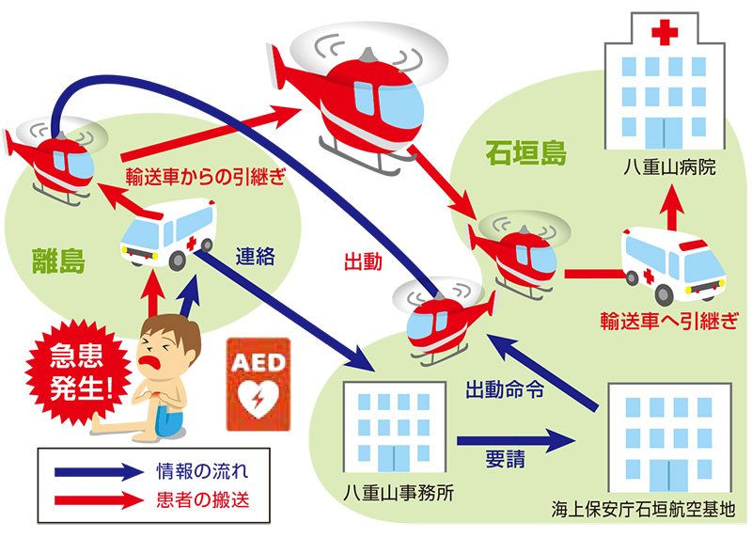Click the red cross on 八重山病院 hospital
(666, 35)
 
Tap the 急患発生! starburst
(78, 372)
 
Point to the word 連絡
(255, 256)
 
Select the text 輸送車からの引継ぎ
(205, 175)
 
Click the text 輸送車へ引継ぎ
(668, 320)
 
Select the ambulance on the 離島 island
(169, 233)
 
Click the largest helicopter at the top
(364, 94)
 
